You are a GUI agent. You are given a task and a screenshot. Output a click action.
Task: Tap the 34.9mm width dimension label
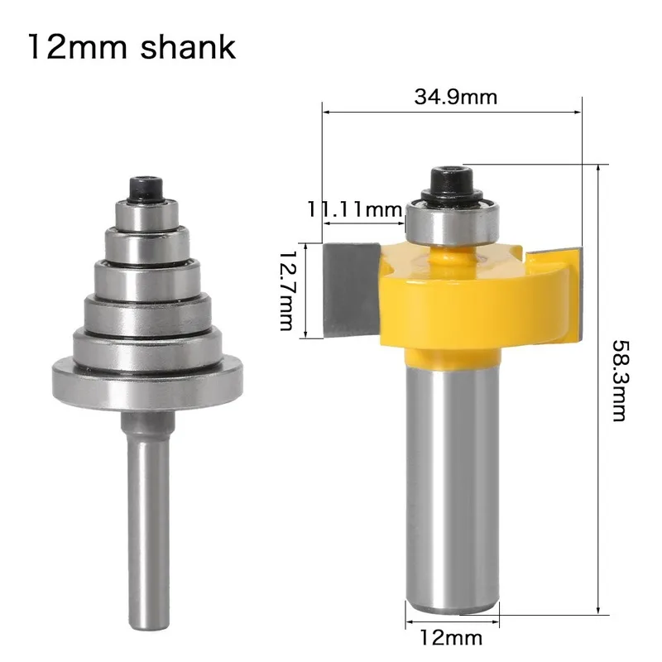pyautogui.click(x=455, y=97)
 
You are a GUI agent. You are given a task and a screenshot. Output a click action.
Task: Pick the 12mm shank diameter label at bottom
pyautogui.click(x=452, y=638)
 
